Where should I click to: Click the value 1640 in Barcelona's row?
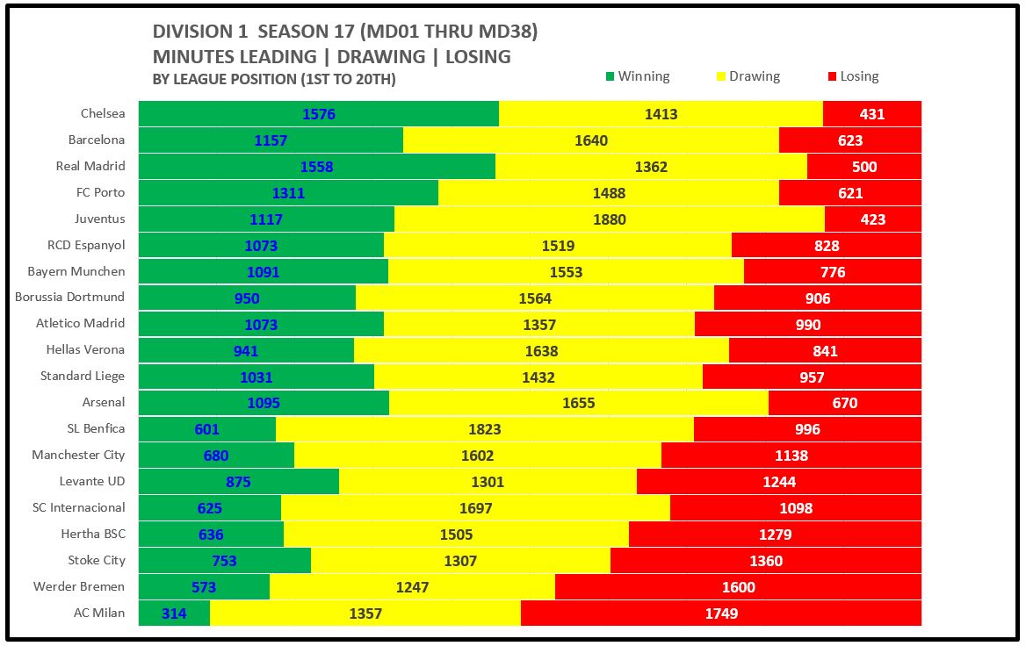tap(590, 140)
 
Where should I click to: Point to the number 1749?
tap(721, 614)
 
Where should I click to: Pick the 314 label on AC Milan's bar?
tap(174, 614)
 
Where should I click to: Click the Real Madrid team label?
tap(90, 166)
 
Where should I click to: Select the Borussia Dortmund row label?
tap(70, 297)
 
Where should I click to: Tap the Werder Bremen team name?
tap(79, 586)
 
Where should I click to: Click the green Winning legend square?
tap(610, 76)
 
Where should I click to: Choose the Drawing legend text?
tap(754, 76)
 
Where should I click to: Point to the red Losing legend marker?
tap(832, 76)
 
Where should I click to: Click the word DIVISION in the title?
tap(190, 32)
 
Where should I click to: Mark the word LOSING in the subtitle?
tap(478, 56)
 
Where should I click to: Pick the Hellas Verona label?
tap(85, 349)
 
